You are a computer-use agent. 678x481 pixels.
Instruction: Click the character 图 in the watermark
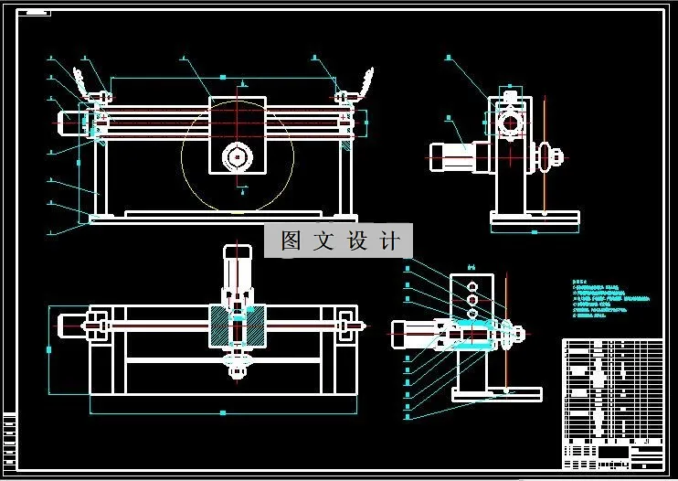(x=291, y=240)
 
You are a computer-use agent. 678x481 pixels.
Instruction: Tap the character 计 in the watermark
(x=389, y=240)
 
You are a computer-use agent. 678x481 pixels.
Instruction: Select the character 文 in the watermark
(x=323, y=240)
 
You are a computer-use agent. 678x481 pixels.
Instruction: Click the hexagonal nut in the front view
(x=238, y=157)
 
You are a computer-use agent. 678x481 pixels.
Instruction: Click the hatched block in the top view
(x=238, y=326)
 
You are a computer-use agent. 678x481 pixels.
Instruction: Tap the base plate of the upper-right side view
(x=535, y=218)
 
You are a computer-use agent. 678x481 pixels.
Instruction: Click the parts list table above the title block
(x=610, y=389)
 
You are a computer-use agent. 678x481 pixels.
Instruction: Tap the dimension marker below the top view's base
(x=222, y=413)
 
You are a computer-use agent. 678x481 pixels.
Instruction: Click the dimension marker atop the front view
(x=222, y=76)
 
